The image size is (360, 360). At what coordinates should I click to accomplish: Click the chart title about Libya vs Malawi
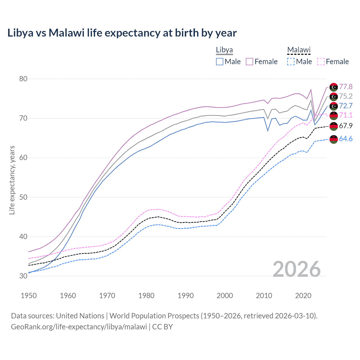[x=122, y=33]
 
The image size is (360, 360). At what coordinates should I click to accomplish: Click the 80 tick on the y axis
[x=23, y=79]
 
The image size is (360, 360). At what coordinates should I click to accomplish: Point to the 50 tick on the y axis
[x=23, y=197]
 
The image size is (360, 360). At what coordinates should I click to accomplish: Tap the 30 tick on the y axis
[x=23, y=276]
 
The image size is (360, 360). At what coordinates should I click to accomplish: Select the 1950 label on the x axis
[x=29, y=296]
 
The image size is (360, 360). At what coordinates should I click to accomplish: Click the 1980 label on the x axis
[x=146, y=296]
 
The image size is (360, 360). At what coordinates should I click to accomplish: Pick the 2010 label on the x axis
[x=264, y=296]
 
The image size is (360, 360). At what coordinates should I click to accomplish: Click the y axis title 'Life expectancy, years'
[x=12, y=180]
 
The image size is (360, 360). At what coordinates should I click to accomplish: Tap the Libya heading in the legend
[x=224, y=50]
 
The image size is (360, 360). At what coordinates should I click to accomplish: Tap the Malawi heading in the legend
[x=298, y=50]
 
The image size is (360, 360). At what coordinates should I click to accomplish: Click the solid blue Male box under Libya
[x=220, y=62]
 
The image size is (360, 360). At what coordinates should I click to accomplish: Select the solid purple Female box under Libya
[x=249, y=62]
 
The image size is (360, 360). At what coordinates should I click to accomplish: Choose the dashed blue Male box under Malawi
[x=291, y=62]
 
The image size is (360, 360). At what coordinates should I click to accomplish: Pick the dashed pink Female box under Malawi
[x=321, y=62]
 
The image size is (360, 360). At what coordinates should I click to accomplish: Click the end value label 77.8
[x=346, y=87]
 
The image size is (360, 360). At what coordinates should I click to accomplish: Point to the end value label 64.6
[x=346, y=139]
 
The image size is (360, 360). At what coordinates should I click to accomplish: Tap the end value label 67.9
[x=346, y=126]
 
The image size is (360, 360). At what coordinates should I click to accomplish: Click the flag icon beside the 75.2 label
[x=334, y=97]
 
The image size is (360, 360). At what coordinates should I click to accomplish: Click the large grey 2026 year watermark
[x=297, y=269]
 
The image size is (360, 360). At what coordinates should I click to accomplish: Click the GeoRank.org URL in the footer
[x=79, y=327]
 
